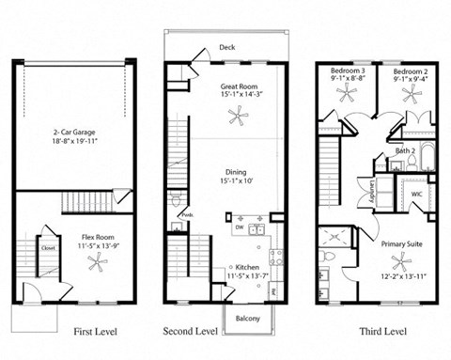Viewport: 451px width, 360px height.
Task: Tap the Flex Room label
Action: point(98,235)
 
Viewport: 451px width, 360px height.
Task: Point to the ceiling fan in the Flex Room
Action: point(98,264)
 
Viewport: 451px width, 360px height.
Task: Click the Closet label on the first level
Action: point(46,248)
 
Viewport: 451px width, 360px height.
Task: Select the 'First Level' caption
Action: point(95,332)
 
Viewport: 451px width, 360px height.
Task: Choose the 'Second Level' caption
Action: point(190,332)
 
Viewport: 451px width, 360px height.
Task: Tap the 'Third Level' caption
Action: point(382,332)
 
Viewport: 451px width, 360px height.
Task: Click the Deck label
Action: point(226,47)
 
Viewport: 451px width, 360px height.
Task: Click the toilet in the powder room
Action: point(177,201)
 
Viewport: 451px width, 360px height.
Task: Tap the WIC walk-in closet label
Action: point(416,194)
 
